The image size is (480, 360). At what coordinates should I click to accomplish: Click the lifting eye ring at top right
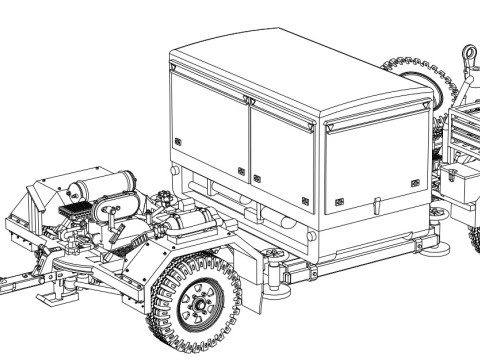[468, 52]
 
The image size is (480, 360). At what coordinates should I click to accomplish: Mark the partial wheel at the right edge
[474, 240]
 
